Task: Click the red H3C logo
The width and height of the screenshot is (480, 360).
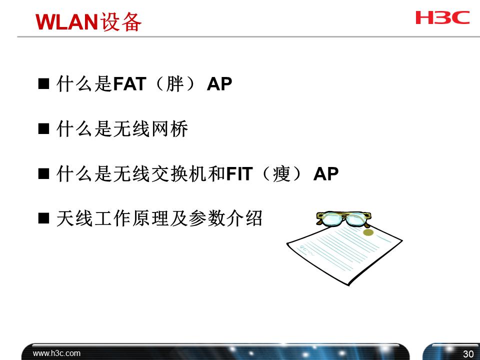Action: point(442,17)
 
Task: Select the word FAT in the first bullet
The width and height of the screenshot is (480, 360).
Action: point(129,84)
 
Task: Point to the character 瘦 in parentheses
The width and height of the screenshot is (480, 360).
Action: point(282,174)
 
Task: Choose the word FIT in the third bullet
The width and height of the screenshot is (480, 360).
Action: point(238,174)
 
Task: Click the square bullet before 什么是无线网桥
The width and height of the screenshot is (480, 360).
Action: point(43,129)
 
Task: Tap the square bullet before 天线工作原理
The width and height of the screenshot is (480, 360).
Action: point(43,218)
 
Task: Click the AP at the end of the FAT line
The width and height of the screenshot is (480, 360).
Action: point(219,84)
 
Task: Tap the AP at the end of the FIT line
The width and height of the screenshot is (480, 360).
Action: point(326,174)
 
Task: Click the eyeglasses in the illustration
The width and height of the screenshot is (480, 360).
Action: point(344,218)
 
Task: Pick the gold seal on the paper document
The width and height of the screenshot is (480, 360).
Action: point(368,231)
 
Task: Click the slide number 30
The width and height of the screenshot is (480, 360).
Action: point(468,354)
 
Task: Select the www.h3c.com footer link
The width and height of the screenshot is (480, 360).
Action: point(56,353)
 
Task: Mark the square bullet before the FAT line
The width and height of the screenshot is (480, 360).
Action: point(43,84)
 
